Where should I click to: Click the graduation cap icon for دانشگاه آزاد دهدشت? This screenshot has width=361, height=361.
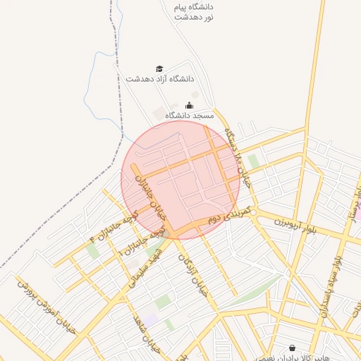[x=159, y=68]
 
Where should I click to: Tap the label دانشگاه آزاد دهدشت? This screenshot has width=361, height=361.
[x=160, y=79]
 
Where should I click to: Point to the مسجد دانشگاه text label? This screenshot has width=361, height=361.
[x=189, y=114]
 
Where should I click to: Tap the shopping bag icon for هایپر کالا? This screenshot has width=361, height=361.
[x=292, y=348]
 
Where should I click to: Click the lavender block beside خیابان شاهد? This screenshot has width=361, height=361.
[x=152, y=319]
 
